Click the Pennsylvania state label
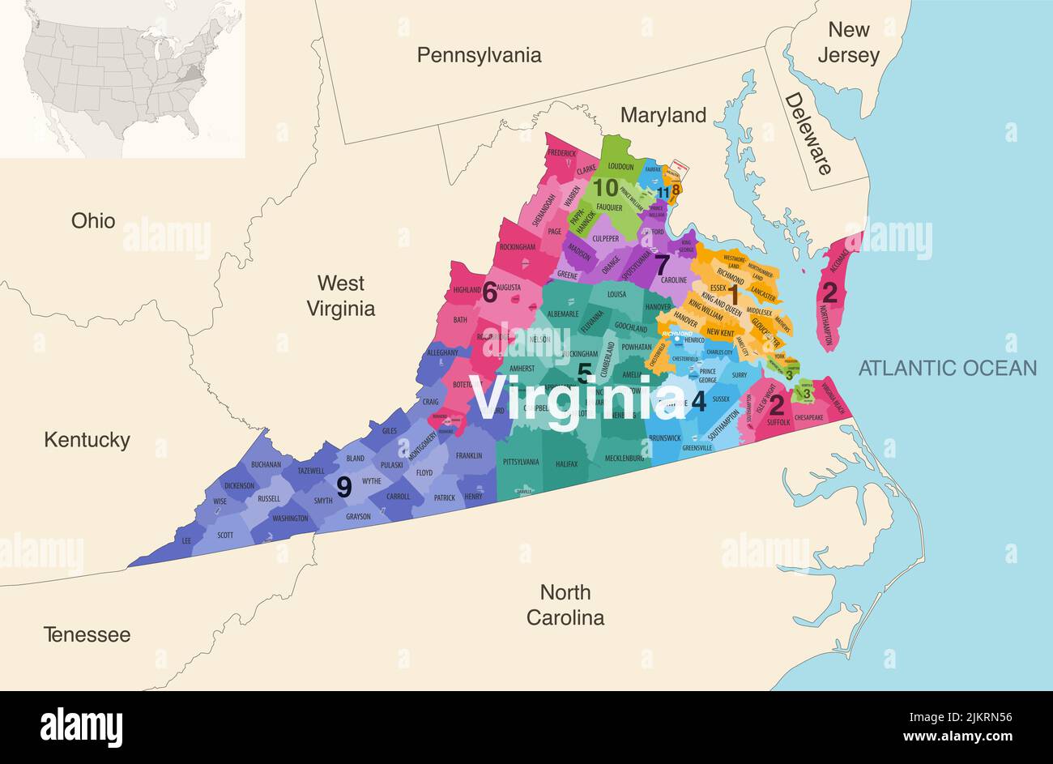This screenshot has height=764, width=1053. [479, 55]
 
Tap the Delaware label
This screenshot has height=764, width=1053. [808, 134]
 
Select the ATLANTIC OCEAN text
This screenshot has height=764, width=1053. [947, 368]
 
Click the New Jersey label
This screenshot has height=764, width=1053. [848, 43]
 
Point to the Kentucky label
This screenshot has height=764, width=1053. [87, 440]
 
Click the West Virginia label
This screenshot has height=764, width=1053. [340, 296]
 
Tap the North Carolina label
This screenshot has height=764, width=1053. [565, 604]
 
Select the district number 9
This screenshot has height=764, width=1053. [344, 487]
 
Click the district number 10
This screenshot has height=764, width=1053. [605, 188]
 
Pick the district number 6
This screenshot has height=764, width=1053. [489, 292]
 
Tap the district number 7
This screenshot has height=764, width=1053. [662, 264]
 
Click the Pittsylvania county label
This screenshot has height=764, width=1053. [521, 462]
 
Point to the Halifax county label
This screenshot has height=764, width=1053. [567, 463]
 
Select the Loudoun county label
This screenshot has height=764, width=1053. [620, 166]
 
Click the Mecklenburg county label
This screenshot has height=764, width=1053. [628, 459]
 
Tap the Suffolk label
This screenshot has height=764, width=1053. [778, 422]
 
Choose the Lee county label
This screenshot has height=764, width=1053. [186, 540]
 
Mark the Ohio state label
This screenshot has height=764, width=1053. [93, 220]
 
